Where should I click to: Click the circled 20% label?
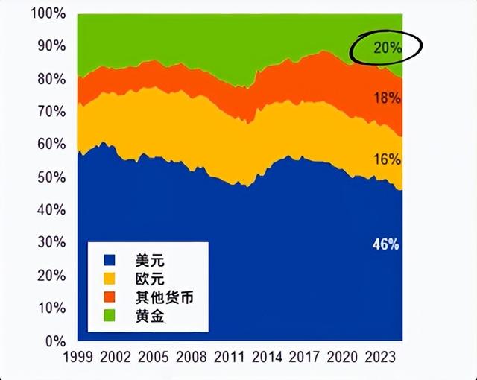[387, 48]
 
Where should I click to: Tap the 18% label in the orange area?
[388, 98]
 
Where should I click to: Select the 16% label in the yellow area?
[388, 159]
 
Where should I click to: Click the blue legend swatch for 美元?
[109, 261]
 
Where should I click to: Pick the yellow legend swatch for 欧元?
[109, 279]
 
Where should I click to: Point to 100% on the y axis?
[47, 14]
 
